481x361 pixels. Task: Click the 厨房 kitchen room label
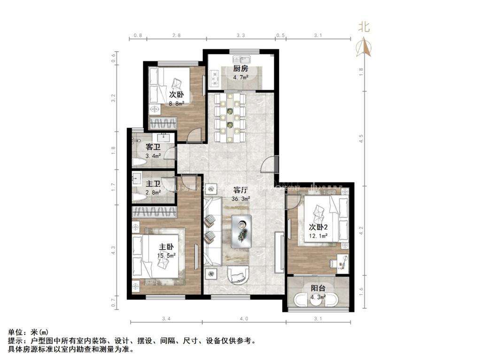click(240, 69)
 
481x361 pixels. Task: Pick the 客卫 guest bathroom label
click(153, 147)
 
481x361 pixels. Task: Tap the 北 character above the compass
click(364, 28)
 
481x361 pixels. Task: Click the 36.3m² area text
click(240, 199)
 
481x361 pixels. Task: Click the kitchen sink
click(244, 60)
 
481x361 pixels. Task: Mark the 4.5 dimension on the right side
click(361, 139)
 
